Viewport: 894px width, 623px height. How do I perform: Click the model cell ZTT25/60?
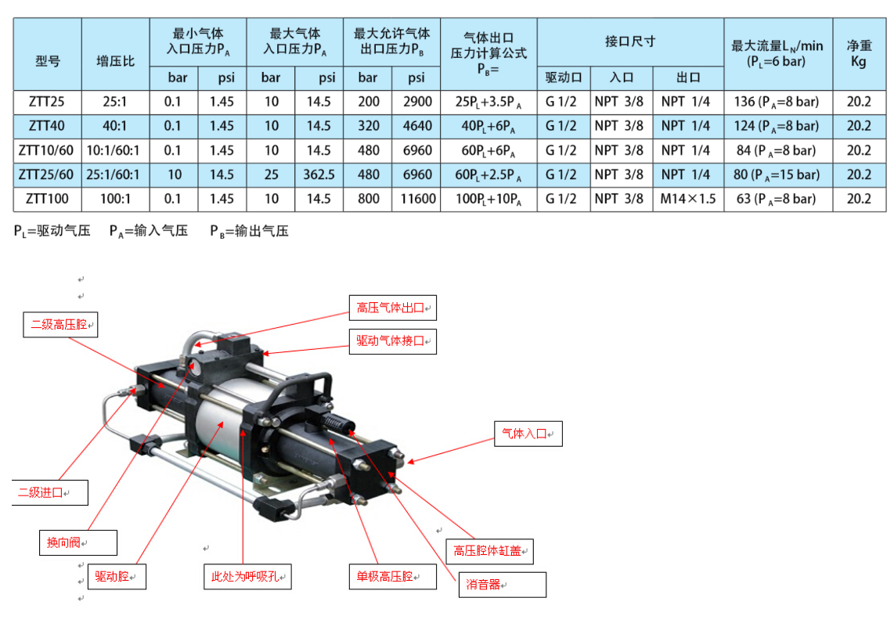click(47, 175)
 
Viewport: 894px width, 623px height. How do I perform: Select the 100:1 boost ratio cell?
click(115, 199)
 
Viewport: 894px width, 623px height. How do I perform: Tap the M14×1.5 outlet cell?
click(687, 199)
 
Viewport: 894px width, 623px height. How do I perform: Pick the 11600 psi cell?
click(417, 199)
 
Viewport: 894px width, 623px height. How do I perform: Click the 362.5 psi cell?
click(319, 175)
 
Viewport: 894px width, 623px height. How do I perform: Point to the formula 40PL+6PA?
click(488, 127)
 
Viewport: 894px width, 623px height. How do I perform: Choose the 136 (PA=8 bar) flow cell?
click(777, 102)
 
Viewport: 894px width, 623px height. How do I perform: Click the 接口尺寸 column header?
click(630, 41)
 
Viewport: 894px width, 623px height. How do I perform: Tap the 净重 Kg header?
click(860, 54)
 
